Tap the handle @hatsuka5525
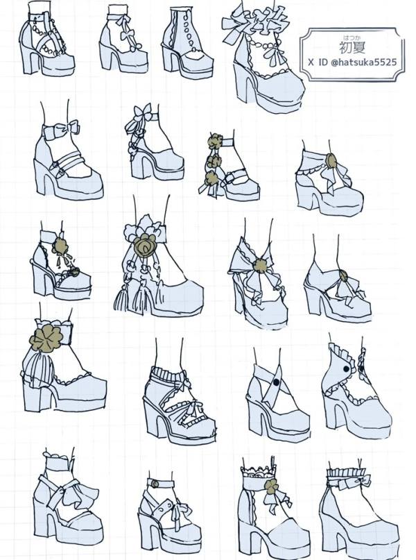363,62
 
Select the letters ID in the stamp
322,62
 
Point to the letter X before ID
311,63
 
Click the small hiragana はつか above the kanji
349,37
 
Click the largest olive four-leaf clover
46,337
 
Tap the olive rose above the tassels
144,246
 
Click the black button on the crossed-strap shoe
276,382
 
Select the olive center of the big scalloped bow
260,266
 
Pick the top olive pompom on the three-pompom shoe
215,142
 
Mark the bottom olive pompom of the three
212,178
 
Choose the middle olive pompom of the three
214,161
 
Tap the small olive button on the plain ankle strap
155,484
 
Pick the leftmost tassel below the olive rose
121,300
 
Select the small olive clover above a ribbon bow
271,486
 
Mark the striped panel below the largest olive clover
39,367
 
